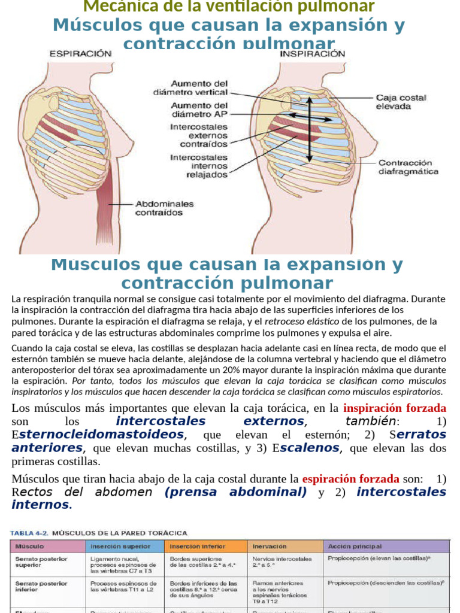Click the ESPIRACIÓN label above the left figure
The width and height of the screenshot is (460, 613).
80,53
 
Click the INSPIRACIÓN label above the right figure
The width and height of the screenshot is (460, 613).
313,53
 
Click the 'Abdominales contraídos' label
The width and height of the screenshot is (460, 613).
165,208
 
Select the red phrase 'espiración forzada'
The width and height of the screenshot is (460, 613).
351,479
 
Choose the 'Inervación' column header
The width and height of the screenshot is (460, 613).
270,547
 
